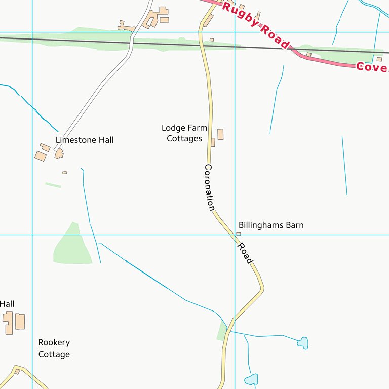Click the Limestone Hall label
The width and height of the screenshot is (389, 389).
[x=85, y=140]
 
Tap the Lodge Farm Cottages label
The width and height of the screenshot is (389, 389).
[x=184, y=133]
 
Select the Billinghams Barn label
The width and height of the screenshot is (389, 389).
[x=271, y=225]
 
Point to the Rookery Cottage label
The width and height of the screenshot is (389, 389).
[x=54, y=348]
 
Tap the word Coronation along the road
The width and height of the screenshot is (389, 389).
[x=210, y=187]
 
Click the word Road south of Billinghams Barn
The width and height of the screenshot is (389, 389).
[x=246, y=252]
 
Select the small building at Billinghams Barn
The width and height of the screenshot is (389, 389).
[x=239, y=234]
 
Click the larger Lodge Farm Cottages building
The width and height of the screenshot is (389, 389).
[x=220, y=134]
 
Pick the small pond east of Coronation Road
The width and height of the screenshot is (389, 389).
[x=302, y=343]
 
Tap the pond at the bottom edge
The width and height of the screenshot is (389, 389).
[x=251, y=379]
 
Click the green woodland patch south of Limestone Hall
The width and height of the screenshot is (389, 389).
[x=72, y=246]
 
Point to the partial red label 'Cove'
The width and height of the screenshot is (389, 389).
[x=372, y=67]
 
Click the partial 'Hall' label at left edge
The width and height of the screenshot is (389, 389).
[x=7, y=304]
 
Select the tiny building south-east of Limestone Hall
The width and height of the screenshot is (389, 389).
[x=64, y=173]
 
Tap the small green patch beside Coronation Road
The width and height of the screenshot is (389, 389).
[x=222, y=330]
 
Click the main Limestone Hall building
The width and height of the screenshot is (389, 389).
[x=59, y=153]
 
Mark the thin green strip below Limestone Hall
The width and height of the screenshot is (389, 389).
[x=53, y=185]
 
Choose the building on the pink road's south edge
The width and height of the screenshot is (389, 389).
[x=308, y=55]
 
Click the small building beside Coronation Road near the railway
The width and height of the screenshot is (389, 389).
[x=211, y=40]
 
